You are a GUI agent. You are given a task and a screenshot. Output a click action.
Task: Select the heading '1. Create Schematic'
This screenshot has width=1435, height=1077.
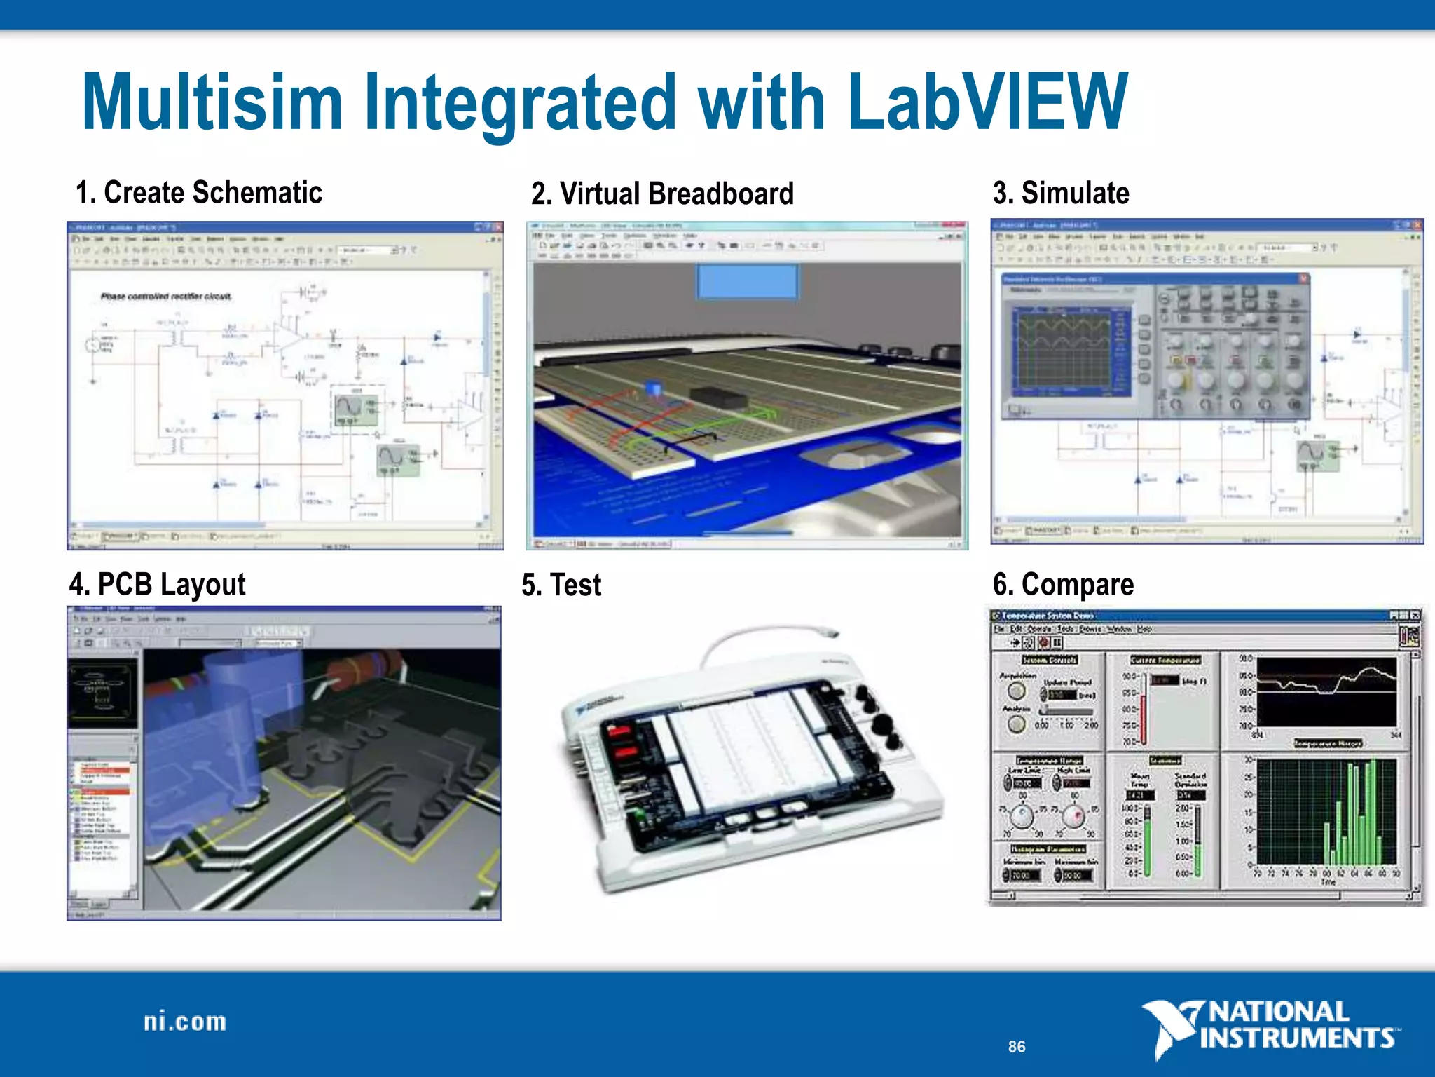coord(199,192)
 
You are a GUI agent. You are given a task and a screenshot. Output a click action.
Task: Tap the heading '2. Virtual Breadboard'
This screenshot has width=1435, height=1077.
coord(662,194)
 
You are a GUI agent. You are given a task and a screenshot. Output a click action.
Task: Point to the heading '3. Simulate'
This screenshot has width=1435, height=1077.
coord(1061,192)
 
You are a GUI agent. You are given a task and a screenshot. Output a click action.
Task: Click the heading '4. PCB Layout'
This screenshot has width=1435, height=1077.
coord(158,584)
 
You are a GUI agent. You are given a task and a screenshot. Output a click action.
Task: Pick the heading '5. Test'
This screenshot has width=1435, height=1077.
coord(561,585)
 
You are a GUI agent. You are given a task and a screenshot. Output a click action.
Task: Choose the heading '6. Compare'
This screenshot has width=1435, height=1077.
coord(1063,584)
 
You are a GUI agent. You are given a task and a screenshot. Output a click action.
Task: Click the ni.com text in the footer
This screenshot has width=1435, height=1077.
coord(185,1022)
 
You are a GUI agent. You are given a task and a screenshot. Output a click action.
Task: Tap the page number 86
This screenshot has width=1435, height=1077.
coord(1017,1047)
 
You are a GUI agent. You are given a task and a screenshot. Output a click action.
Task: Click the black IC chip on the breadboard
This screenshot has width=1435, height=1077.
coord(717,397)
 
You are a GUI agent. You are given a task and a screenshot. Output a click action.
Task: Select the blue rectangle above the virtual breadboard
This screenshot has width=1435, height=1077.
coord(746,281)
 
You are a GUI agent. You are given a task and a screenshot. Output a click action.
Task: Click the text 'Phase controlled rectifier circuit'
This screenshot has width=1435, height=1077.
coord(166,297)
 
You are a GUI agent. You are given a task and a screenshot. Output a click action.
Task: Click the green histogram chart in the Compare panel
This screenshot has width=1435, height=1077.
coord(1326,811)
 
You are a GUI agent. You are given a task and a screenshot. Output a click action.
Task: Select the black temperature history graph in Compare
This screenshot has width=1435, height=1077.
coord(1326,692)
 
